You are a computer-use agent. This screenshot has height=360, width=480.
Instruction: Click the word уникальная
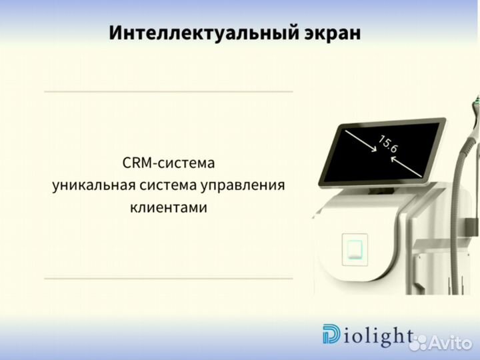90,185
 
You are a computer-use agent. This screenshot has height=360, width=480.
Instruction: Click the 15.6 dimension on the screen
388,145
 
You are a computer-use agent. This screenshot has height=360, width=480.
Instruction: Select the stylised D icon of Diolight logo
331,335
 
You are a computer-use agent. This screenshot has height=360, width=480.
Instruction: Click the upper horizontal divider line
168,91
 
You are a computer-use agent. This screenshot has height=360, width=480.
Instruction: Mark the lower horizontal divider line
168,277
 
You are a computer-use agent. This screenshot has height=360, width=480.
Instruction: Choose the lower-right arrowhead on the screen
419,175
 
